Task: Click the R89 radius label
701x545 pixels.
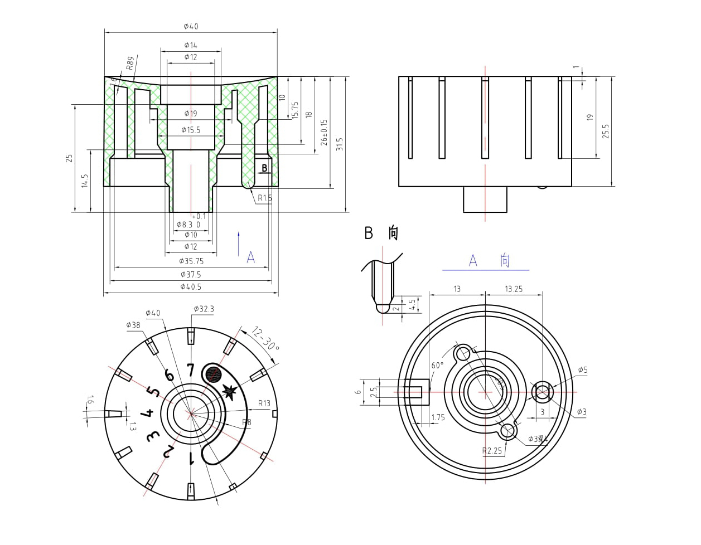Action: coord(130,62)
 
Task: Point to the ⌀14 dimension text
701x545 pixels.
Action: coord(191,45)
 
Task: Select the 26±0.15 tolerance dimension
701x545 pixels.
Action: coord(325,132)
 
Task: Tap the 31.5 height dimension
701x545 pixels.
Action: coord(339,144)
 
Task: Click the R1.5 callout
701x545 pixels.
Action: coord(264,197)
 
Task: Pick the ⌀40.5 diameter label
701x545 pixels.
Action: coord(191,287)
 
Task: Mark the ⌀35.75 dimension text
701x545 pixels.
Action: coord(191,261)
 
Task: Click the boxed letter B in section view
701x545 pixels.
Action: coord(265,168)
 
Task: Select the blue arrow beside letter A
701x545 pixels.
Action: coord(239,244)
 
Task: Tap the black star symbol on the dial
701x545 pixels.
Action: coord(229,391)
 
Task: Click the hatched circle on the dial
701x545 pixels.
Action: coord(212,373)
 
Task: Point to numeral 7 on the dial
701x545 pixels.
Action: coord(191,371)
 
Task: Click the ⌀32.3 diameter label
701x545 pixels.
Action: coord(204,309)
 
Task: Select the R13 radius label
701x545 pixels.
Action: coord(264,403)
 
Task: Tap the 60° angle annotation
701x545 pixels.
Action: coord(437,366)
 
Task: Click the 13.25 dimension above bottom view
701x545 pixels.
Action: coord(513,289)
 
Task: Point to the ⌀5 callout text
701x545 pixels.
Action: coord(582,369)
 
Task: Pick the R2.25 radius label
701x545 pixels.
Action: coord(492,451)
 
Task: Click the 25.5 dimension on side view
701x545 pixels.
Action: coord(606,131)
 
